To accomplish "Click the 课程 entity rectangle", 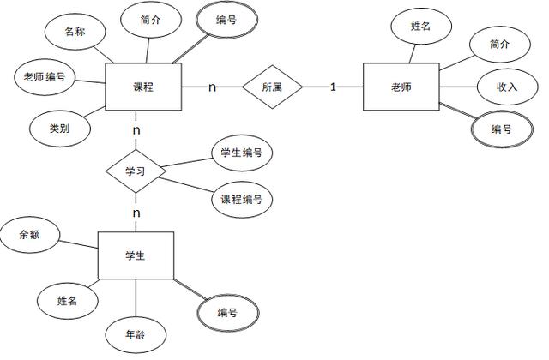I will point(142,87).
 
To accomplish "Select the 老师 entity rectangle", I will point(401,87).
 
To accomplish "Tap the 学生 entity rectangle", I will point(136,255).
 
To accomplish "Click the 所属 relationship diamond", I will point(272,87).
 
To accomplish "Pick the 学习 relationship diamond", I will point(136,171).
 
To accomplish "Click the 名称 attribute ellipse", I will point(75,33).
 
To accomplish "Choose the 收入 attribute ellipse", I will point(506,87).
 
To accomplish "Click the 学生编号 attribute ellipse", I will point(241,153).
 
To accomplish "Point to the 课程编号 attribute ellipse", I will point(241,199).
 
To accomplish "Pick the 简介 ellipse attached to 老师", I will point(499,44).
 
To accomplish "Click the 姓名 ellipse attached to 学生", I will point(68,301).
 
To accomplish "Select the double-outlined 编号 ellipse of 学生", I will point(227,312).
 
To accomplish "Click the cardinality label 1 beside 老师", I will point(333,87).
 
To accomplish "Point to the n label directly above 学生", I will point(136,212).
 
